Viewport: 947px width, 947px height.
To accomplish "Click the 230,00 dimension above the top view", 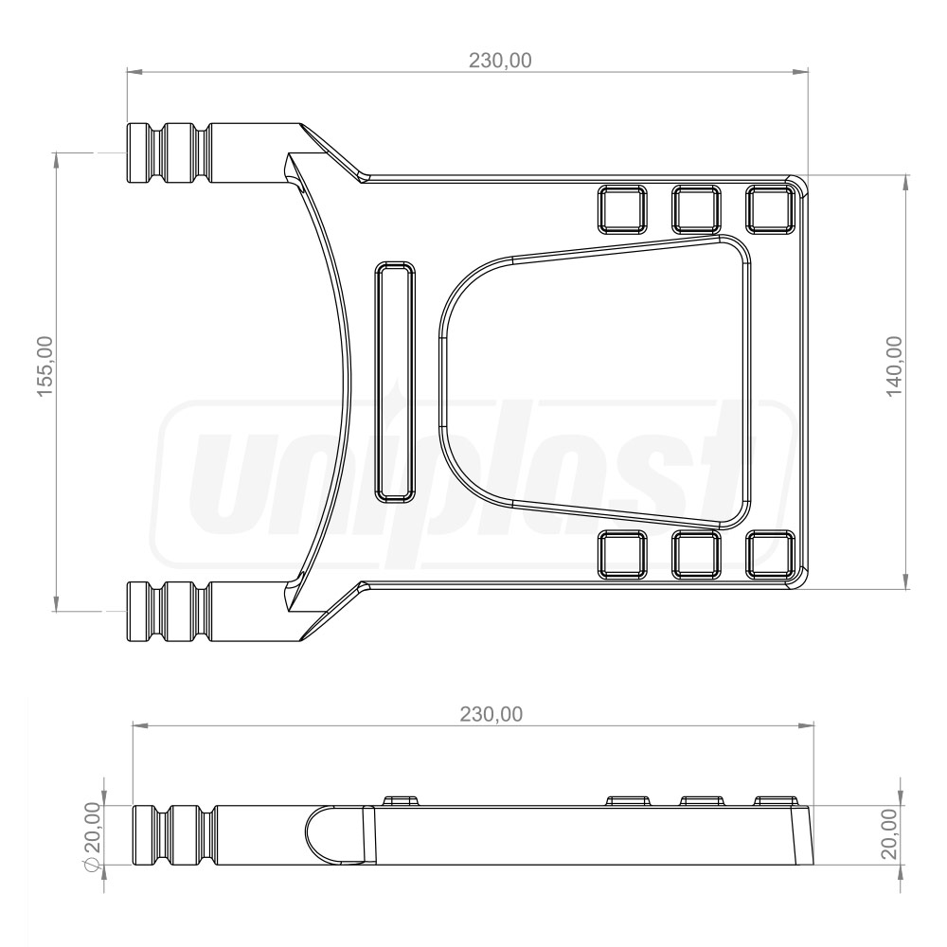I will coord(501,60).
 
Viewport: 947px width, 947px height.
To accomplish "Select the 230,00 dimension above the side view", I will coord(491,714).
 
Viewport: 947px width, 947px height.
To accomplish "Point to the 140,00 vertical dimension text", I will coord(895,367).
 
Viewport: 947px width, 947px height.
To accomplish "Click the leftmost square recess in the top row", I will coord(621,209).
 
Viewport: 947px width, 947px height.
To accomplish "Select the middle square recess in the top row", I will coord(696,209).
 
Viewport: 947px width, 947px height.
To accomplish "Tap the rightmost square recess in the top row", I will coord(770,209).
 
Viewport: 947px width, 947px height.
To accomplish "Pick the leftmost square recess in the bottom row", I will coord(621,554).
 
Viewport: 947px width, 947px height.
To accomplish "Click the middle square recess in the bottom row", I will coord(696,554).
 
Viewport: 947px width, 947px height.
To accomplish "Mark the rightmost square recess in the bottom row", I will coord(770,554).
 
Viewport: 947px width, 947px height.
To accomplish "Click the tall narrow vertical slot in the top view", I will coord(395,381).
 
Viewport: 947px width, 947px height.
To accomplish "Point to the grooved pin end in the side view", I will coord(170,834).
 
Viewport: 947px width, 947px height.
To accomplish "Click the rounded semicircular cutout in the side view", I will coord(331,834).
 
